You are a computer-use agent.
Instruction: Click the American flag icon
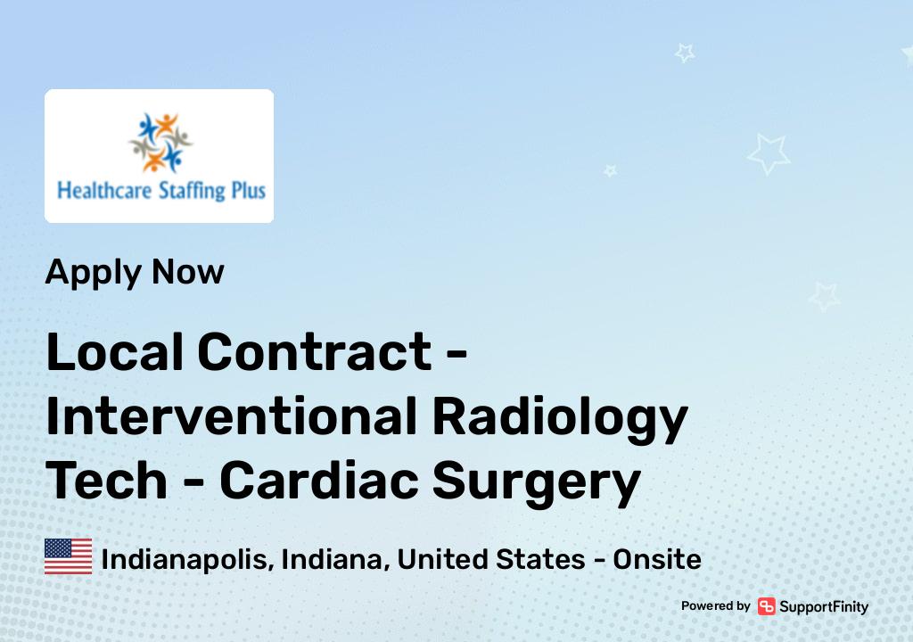click(x=68, y=556)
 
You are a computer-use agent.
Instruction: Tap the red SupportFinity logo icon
click(x=766, y=606)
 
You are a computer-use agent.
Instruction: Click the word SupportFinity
click(x=824, y=607)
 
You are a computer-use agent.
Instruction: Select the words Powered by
click(x=716, y=605)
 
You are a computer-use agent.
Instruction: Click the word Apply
click(x=93, y=273)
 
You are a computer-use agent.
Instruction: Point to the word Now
click(x=187, y=271)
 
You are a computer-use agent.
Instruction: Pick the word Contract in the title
click(x=315, y=352)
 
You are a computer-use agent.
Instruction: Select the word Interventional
click(x=231, y=416)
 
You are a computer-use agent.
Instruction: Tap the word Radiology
click(x=560, y=419)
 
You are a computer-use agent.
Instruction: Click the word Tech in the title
click(x=107, y=481)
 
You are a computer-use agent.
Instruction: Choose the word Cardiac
click(x=318, y=481)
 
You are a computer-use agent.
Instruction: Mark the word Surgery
click(x=536, y=483)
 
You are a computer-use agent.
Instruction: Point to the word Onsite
click(x=657, y=559)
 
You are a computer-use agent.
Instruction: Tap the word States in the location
click(x=540, y=559)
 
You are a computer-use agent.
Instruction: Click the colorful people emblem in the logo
click(x=160, y=142)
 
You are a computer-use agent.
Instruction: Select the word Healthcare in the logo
click(x=104, y=191)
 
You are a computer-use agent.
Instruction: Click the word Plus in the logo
click(x=249, y=191)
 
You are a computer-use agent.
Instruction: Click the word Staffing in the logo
click(x=192, y=191)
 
